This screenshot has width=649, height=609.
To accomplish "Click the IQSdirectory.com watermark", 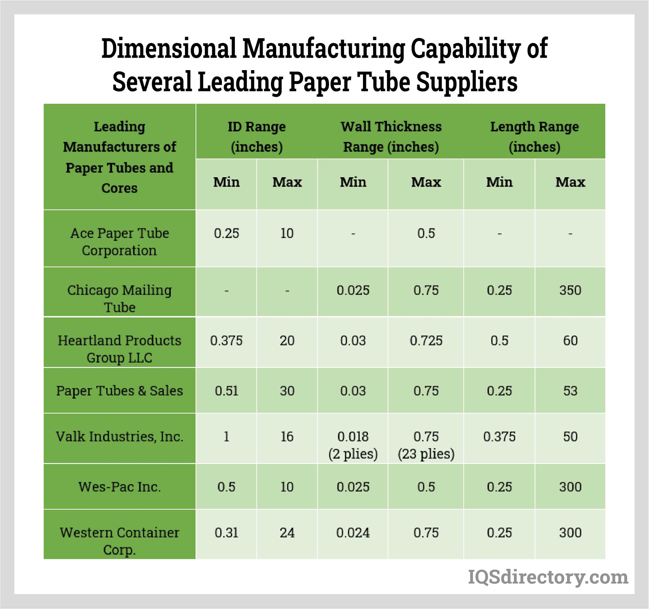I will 548,577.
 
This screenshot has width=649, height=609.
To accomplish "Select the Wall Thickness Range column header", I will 391,136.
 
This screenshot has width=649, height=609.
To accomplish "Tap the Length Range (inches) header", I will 534,136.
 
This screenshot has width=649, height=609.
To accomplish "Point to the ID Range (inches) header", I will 256,136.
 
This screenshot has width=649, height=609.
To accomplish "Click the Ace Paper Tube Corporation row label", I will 119,242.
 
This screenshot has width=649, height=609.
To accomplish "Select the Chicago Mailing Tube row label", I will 119,298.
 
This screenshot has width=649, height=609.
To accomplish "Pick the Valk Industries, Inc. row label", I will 119,436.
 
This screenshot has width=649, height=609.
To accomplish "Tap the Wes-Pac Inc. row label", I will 119,487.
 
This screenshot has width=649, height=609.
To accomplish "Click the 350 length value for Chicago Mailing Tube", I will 570,290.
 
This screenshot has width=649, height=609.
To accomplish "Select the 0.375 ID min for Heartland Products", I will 226,341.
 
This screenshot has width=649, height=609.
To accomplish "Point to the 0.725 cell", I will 426,341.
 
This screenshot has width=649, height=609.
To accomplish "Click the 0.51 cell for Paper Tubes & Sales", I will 226,391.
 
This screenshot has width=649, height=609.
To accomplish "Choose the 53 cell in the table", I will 570,391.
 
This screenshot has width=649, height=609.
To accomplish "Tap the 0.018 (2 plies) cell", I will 353,445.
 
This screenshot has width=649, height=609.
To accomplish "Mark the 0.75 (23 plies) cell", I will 426,445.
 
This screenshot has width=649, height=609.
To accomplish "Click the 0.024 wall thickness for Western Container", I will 353,532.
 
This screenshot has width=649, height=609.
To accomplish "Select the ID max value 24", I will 287,532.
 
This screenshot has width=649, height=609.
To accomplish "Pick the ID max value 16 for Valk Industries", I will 287,437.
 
